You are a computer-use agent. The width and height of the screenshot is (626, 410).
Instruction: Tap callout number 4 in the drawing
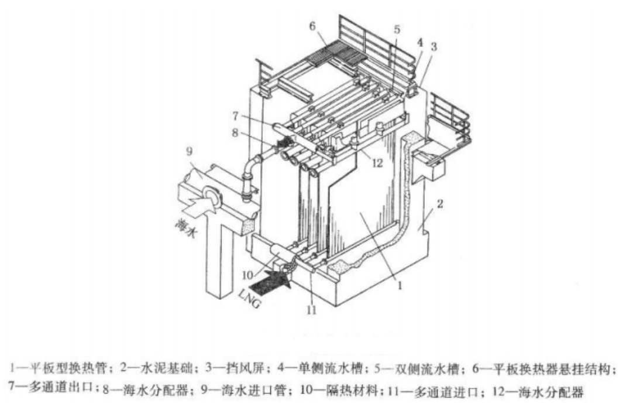419,42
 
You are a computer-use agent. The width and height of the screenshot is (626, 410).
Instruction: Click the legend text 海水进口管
243,388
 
